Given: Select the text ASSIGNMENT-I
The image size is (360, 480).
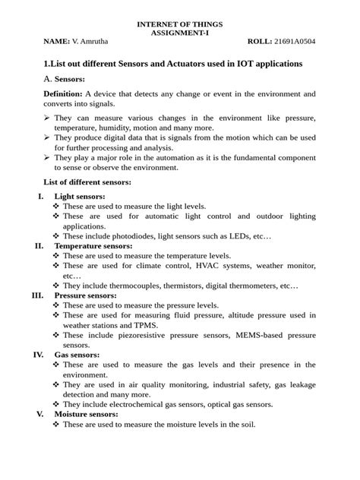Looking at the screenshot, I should click(179, 34).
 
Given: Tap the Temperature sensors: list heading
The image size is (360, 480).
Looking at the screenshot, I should click(93, 246).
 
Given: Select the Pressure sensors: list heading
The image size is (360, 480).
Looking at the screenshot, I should click(85, 295).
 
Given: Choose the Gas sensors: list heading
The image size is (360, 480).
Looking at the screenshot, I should click(76, 355).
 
